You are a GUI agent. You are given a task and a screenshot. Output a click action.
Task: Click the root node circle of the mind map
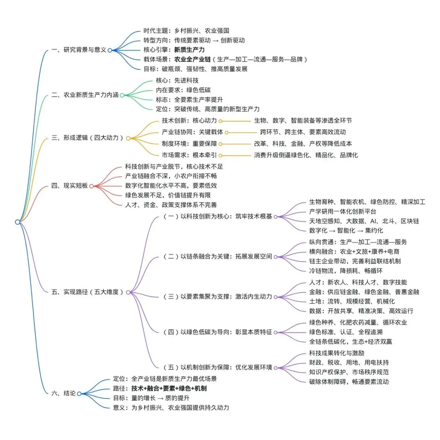coord(18,222)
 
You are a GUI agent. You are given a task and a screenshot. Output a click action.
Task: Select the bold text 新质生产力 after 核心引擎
coord(189,50)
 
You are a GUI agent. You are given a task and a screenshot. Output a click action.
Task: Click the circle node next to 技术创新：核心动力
coord(220,121)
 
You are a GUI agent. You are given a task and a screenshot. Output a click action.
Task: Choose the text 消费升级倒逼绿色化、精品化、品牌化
coord(306,155)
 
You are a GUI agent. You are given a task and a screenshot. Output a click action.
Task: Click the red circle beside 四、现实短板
coord(91,186)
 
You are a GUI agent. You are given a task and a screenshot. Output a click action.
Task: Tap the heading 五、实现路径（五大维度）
coord(88,292)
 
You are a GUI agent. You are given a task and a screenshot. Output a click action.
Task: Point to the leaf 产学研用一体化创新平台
coord(343,211)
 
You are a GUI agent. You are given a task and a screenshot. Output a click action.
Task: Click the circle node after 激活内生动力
coord(275,296)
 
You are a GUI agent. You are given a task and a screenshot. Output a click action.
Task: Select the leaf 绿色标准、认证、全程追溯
coord(345,332)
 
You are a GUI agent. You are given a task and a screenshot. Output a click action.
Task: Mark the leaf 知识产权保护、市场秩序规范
coord(349,372)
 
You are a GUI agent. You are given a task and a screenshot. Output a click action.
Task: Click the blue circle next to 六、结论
coord(79,394)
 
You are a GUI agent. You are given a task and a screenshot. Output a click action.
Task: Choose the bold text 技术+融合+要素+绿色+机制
coord(169,388)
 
